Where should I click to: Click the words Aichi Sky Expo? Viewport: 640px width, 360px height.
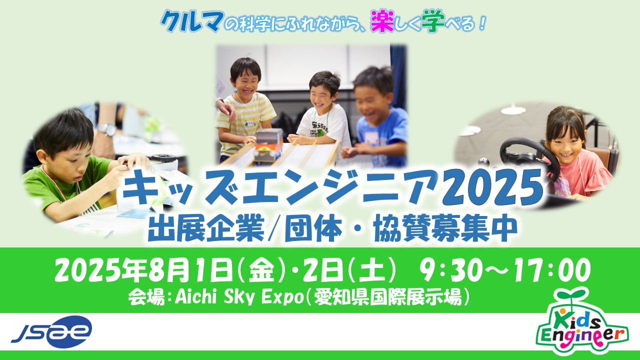click(238, 298)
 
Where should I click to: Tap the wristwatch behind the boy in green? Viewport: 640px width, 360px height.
click(106, 129)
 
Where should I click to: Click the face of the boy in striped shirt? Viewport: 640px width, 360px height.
click(245, 83)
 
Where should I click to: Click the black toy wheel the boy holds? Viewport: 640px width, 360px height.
click(164, 157)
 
